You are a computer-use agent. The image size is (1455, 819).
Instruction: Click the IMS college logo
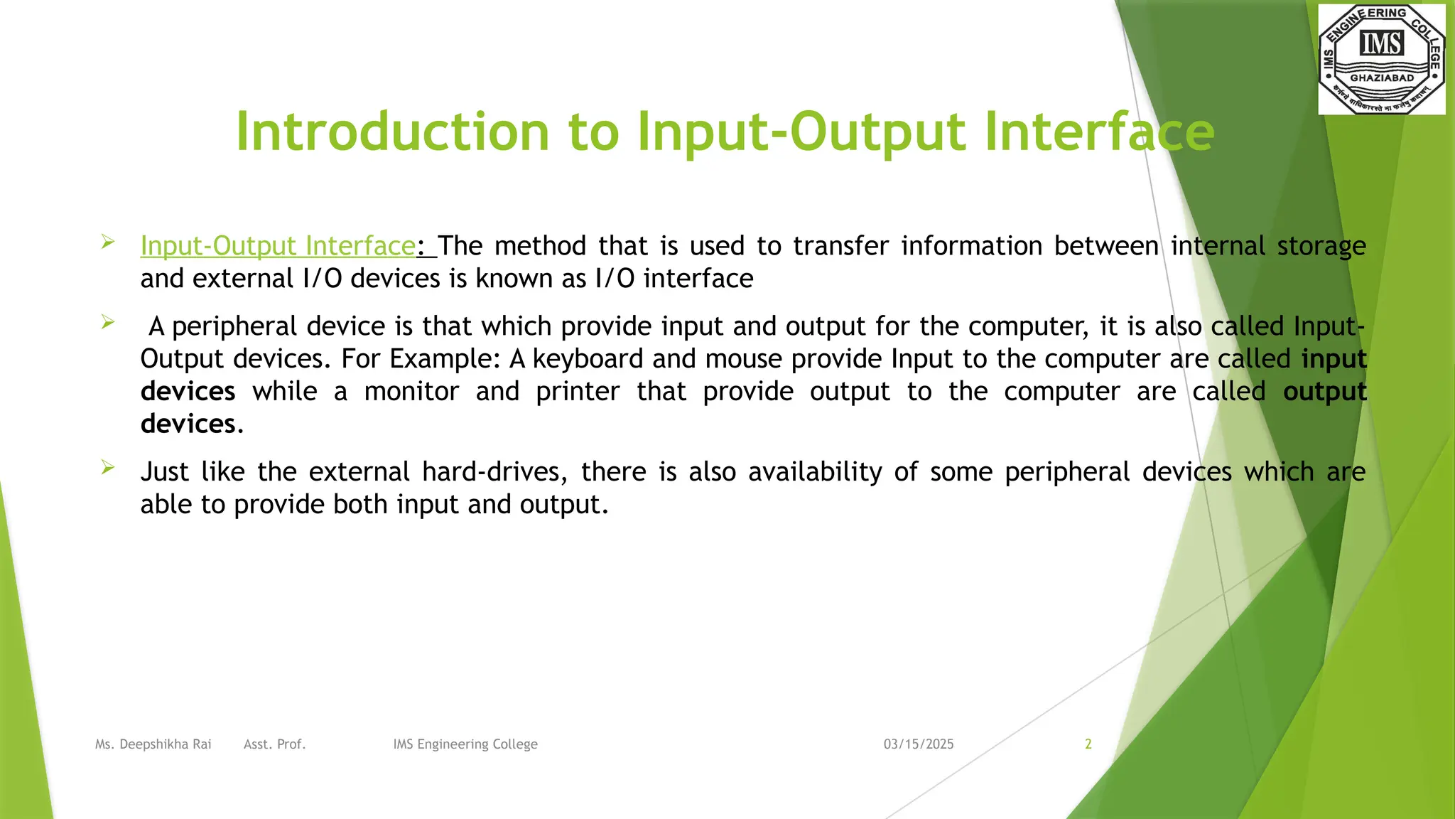1381,58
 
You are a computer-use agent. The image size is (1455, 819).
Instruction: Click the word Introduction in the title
392,132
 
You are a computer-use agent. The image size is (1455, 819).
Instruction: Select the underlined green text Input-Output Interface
277,246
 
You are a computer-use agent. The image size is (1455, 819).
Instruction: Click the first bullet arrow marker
108,242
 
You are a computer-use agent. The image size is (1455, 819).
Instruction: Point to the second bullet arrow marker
108,322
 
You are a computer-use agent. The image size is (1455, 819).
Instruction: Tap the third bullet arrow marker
108,467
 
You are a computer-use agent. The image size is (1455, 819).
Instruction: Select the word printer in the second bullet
577,392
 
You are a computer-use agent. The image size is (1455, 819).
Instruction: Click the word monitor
411,392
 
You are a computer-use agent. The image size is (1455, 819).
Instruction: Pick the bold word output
1324,392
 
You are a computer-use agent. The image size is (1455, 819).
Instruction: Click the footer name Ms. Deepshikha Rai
153,744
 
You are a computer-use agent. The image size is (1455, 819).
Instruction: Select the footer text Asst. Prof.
274,744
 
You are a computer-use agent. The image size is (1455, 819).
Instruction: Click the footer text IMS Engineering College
465,744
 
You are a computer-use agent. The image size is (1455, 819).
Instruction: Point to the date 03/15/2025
919,744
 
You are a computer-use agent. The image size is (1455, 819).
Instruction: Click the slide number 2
1088,744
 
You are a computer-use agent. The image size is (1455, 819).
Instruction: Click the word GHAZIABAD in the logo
1382,78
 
